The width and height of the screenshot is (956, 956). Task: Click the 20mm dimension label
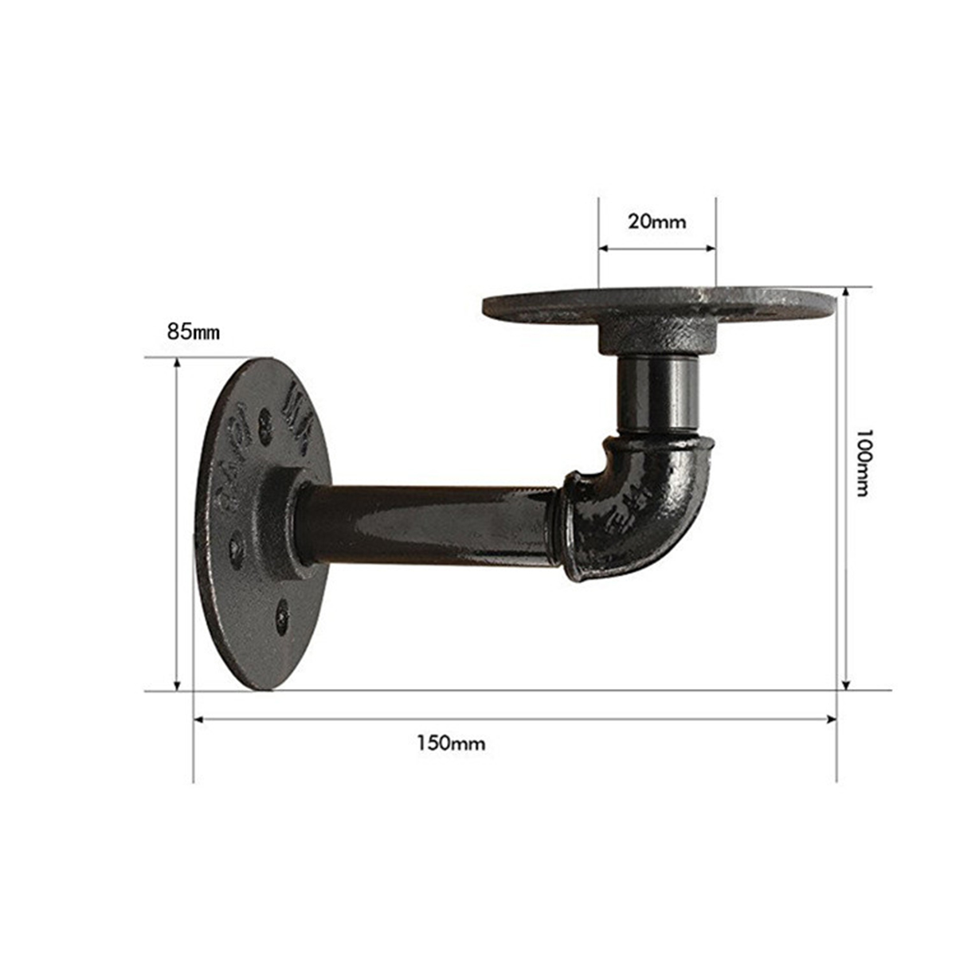(x=656, y=222)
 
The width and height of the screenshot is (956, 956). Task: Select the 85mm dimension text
(x=193, y=331)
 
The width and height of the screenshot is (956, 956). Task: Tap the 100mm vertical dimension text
(x=862, y=463)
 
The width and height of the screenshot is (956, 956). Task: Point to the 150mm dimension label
(x=451, y=743)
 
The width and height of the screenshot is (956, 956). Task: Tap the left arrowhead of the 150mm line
(x=199, y=719)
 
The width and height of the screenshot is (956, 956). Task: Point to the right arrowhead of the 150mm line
(x=832, y=719)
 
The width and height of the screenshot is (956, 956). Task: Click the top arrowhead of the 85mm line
(x=178, y=363)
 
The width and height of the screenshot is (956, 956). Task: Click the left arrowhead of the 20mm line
(x=604, y=248)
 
